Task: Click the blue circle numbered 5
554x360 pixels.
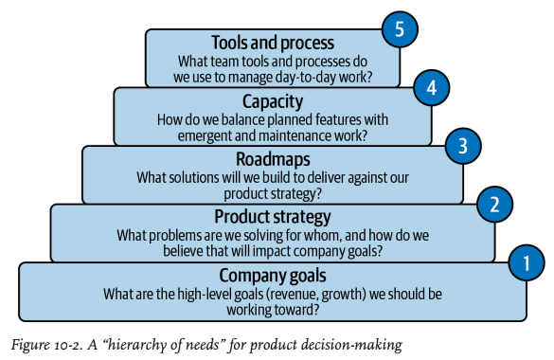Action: click(x=400, y=29)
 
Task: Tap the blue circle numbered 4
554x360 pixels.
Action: click(x=432, y=87)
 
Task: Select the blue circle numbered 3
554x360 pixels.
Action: click(x=463, y=146)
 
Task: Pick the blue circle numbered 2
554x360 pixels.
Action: click(x=494, y=205)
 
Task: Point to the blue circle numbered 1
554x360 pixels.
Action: click(x=527, y=262)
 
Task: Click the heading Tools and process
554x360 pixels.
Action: click(x=273, y=43)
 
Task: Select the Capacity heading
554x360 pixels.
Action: click(x=273, y=101)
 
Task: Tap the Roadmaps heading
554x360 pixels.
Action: click(x=273, y=159)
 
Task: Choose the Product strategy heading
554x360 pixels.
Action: click(x=273, y=217)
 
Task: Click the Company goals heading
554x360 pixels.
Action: click(x=273, y=276)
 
